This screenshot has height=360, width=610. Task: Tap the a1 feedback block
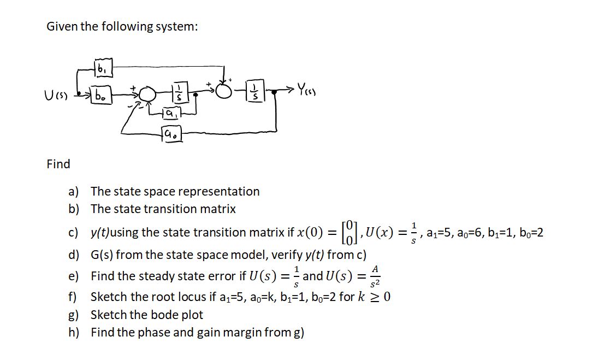[170, 115]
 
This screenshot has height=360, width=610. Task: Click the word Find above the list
[58, 164]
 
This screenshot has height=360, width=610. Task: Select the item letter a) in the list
[74, 192]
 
